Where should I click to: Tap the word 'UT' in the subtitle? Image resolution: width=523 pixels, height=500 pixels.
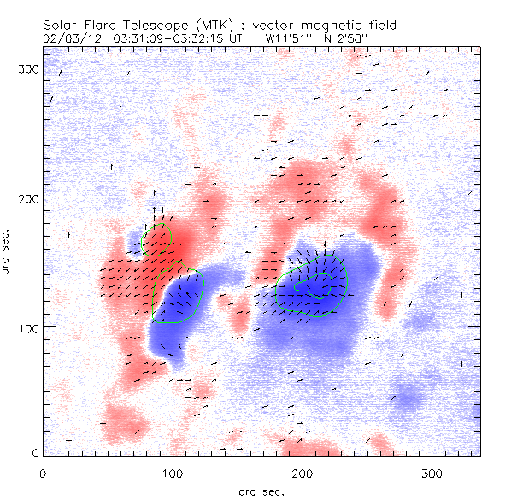[242, 38]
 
